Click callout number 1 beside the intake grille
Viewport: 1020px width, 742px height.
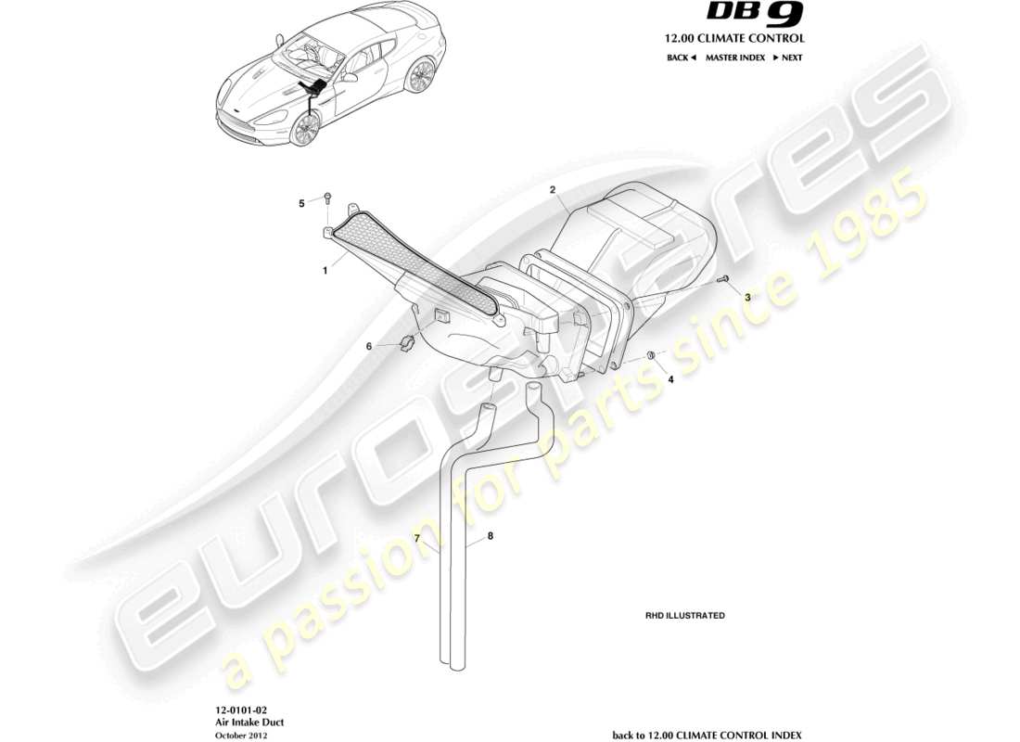coord(325,272)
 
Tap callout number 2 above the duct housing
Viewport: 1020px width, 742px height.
coord(552,190)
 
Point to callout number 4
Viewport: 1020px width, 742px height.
coord(670,378)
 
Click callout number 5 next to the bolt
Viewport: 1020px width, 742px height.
coord(300,203)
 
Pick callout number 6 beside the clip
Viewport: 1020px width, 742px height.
coord(368,346)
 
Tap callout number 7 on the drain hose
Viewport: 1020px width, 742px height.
coord(417,538)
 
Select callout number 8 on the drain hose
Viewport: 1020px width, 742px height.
coord(491,535)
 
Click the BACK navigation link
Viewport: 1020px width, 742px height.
coord(681,58)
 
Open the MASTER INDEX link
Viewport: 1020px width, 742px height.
coord(734,58)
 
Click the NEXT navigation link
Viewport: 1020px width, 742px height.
coord(787,58)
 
